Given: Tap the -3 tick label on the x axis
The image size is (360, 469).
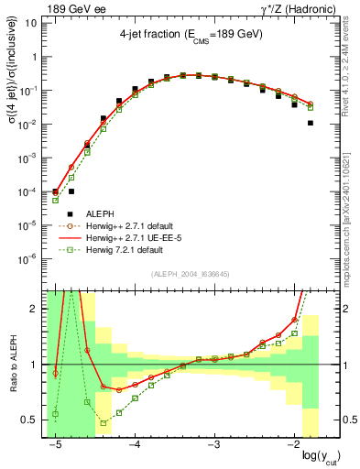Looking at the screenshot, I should pyautogui.click(x=213, y=444).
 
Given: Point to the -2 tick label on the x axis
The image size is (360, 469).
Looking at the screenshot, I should pyautogui.click(x=292, y=444).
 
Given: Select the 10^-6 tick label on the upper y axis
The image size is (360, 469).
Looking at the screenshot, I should pyautogui.click(x=27, y=258).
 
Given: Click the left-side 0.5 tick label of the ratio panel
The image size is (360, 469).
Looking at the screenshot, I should pyautogui.click(x=29, y=420).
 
